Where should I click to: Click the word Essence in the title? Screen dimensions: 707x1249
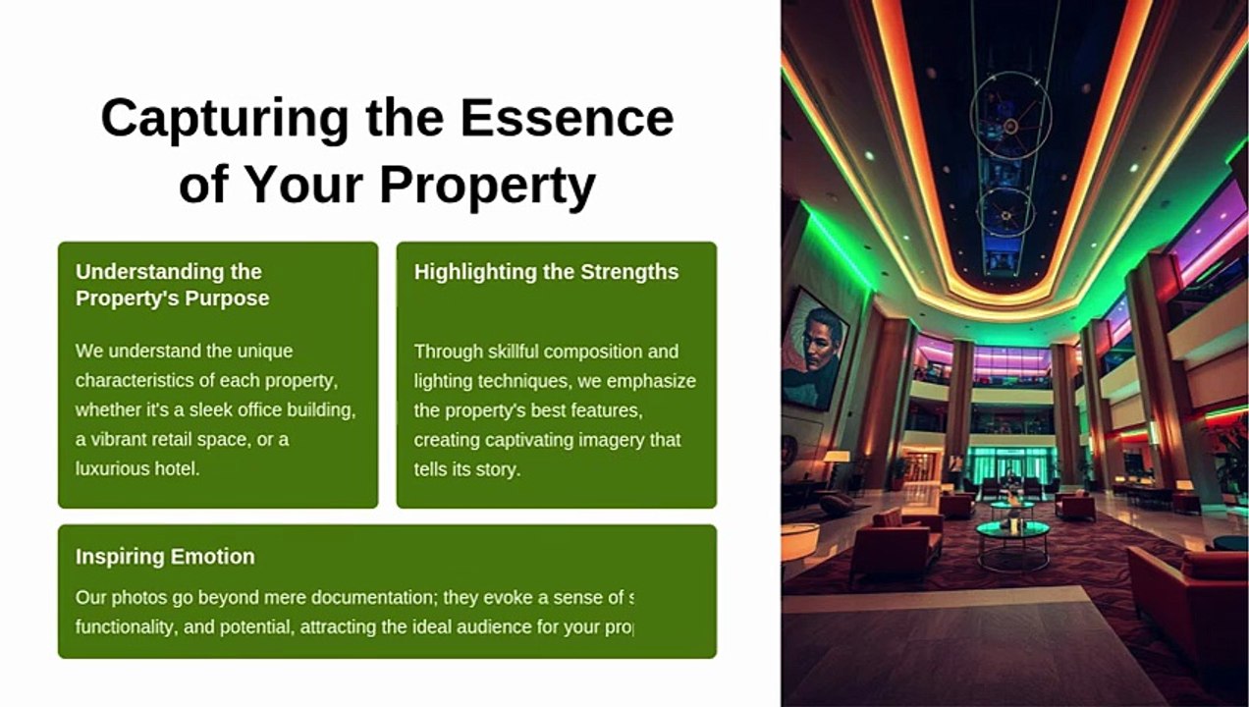point(567,118)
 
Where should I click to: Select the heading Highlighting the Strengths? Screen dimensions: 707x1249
point(546,272)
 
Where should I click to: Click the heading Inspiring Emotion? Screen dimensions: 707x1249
point(165,557)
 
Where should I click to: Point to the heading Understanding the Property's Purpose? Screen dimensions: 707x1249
point(172,285)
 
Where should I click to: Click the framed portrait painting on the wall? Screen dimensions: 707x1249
point(814,347)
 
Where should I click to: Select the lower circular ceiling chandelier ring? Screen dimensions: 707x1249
point(1005,211)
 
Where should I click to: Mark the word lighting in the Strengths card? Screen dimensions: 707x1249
point(445,381)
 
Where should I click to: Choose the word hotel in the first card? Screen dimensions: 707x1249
point(177,469)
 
